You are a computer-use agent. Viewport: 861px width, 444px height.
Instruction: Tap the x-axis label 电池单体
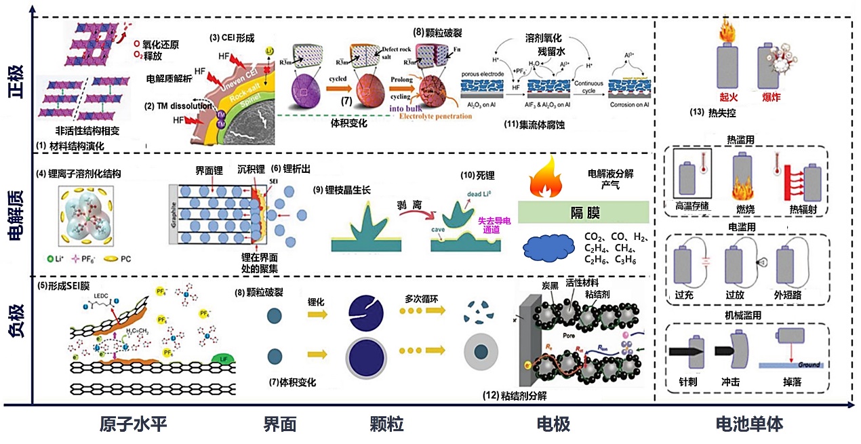(x=750, y=425)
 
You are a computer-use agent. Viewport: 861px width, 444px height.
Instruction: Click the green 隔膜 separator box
(x=584, y=212)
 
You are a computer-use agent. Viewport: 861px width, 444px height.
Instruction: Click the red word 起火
(x=729, y=98)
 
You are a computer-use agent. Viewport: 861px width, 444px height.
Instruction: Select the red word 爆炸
(x=772, y=98)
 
